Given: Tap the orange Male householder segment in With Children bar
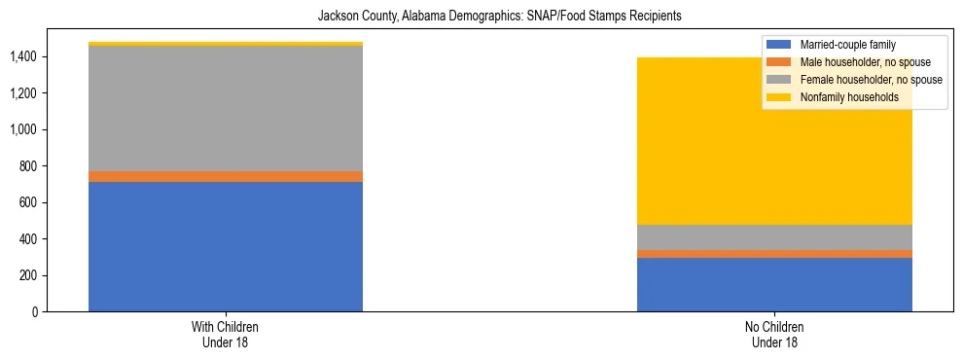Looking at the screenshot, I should click(x=226, y=176).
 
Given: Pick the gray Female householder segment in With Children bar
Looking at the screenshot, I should click(x=226, y=108).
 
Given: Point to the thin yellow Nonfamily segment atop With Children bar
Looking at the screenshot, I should click(x=226, y=44).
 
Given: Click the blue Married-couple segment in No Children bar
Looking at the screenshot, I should click(x=774, y=284).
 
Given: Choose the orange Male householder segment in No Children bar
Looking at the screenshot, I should click(x=774, y=254).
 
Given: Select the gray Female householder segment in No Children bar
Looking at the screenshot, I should click(x=774, y=237).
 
